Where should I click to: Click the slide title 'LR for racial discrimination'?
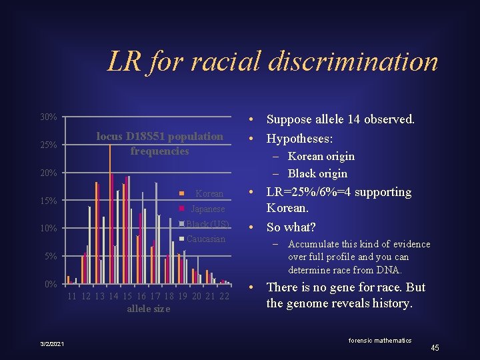point(273,62)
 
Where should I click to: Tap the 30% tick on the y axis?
point(48,117)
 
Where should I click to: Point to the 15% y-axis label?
point(48,201)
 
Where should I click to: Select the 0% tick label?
point(51,285)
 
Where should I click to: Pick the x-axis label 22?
point(224,296)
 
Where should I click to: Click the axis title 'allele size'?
point(148,309)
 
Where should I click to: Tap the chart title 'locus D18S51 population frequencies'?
point(160,143)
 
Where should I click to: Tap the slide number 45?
point(435,348)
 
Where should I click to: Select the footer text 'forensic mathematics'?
point(381,340)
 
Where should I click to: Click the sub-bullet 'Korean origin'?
point(321,156)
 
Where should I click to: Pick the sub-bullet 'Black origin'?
point(317,173)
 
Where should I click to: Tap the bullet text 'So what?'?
point(291,227)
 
